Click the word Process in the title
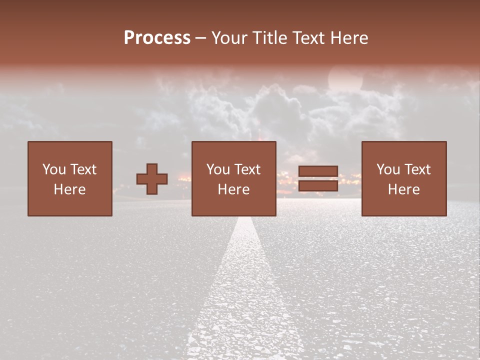[x=157, y=38]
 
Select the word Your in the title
[x=229, y=38]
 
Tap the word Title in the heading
[x=269, y=38]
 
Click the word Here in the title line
[x=349, y=38]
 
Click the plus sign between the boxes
[x=152, y=179]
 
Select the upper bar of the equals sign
[x=318, y=171]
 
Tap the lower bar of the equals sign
[x=318, y=186]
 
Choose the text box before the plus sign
[x=70, y=178]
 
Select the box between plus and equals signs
[x=234, y=178]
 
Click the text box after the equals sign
[x=404, y=178]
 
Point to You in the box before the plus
[x=54, y=169]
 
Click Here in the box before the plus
[x=70, y=189]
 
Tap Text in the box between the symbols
[x=247, y=169]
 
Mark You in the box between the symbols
[x=218, y=169]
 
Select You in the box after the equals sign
[x=388, y=169]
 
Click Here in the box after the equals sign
[x=404, y=189]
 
